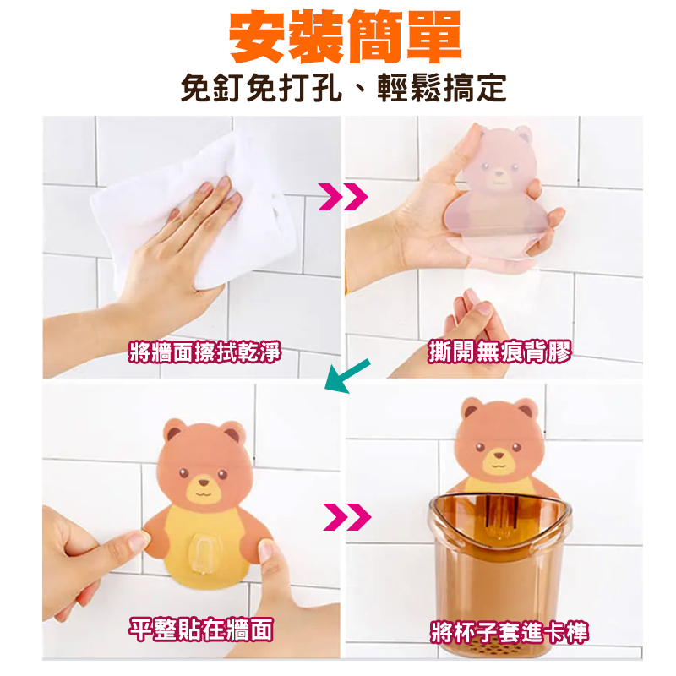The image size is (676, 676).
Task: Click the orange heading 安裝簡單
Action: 345,36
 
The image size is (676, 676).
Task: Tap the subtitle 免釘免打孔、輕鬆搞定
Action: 344,88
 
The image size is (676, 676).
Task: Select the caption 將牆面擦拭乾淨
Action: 204,352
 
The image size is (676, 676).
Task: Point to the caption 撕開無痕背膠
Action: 499,352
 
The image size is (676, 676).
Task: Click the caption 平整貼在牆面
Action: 201,630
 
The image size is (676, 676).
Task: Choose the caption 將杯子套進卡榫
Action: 510,633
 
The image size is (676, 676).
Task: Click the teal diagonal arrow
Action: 347,375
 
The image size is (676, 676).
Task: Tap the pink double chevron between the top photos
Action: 343,197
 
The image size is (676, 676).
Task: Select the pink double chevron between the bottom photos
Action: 346,516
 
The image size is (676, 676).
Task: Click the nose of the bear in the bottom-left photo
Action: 203,482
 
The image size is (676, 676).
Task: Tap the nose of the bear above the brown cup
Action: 499,455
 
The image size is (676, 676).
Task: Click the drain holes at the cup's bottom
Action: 500,648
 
